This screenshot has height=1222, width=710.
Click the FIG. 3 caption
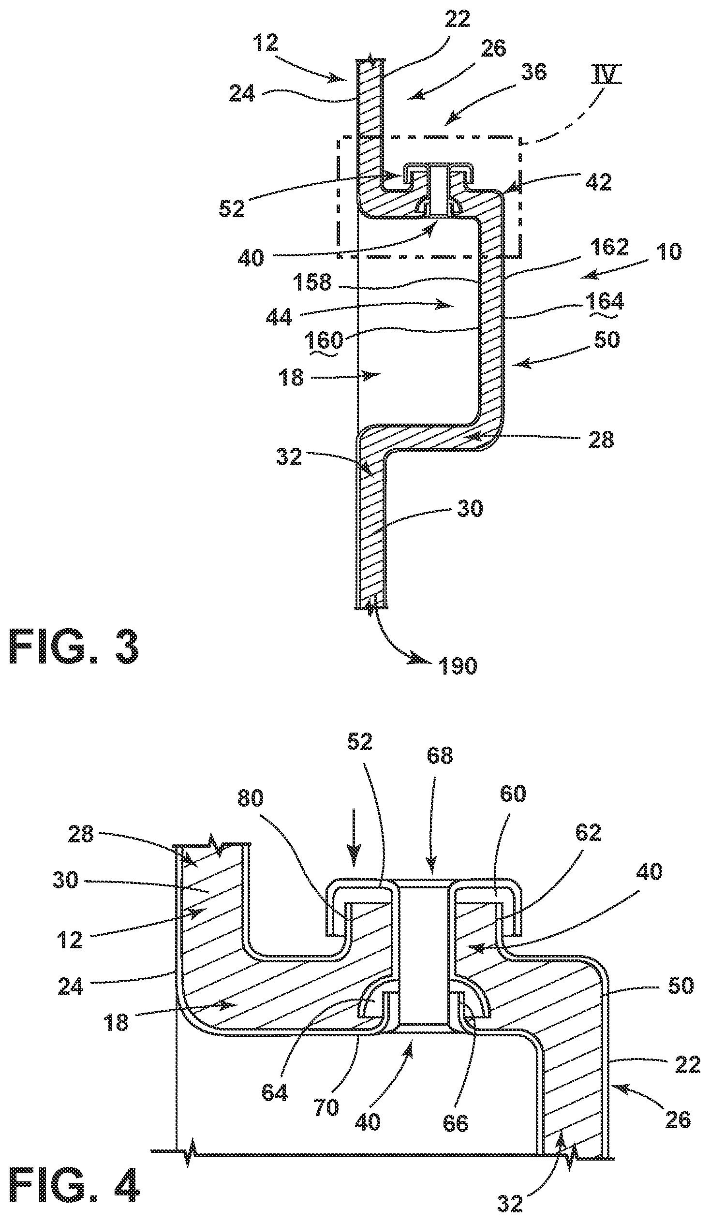74,648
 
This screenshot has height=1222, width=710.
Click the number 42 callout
599,183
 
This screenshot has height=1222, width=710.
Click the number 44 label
279,318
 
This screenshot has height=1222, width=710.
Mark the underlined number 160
324,341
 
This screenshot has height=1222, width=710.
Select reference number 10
668,251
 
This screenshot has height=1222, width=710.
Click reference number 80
250,798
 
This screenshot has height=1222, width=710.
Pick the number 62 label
588,832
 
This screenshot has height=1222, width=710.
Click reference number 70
326,1107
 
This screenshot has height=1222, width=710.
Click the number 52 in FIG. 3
232,209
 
